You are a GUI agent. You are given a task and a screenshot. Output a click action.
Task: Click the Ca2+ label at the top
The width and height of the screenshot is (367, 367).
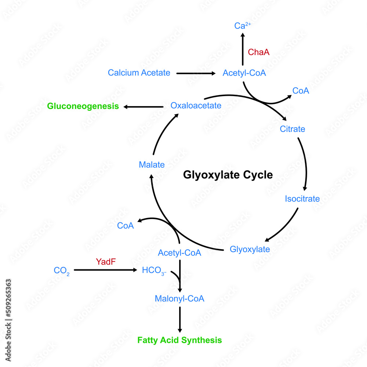click(x=243, y=26)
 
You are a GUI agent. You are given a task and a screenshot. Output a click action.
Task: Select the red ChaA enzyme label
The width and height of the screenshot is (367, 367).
click(x=259, y=52)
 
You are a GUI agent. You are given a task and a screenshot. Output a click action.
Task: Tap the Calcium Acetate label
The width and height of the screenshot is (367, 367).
click(x=139, y=73)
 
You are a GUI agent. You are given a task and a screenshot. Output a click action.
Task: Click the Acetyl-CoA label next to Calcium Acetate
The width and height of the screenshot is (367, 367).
click(x=244, y=73)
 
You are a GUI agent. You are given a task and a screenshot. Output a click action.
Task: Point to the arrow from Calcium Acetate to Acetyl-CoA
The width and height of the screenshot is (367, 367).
click(x=196, y=73)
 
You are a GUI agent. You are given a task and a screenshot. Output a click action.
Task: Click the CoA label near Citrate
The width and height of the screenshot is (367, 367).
click(x=301, y=91)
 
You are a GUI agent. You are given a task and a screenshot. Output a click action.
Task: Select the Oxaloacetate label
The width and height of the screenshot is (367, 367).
click(x=196, y=106)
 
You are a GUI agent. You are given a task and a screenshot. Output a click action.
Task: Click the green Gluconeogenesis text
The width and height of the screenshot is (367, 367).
click(x=83, y=106)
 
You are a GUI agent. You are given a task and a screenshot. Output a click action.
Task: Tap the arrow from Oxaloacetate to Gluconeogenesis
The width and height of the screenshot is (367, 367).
click(x=143, y=107)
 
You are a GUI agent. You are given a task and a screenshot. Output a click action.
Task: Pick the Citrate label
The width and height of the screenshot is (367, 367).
click(x=292, y=129)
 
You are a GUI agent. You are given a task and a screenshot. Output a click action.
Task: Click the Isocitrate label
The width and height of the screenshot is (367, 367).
click(x=302, y=199)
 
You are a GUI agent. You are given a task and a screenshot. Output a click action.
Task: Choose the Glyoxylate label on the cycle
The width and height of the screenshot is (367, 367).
click(x=250, y=249)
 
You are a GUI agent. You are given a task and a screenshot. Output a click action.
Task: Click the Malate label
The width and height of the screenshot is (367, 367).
click(x=152, y=165)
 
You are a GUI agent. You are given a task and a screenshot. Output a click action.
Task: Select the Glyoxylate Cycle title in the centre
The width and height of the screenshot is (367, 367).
click(x=228, y=175)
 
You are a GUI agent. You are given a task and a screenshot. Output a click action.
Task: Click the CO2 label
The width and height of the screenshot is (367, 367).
click(x=62, y=271)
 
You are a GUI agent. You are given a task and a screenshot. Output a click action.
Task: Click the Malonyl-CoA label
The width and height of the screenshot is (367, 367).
click(x=179, y=298)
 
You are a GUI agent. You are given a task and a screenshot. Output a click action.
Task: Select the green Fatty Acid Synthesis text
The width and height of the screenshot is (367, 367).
click(x=179, y=340)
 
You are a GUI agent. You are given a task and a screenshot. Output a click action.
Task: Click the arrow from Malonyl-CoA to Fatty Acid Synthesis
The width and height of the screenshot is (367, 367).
click(x=180, y=319)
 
